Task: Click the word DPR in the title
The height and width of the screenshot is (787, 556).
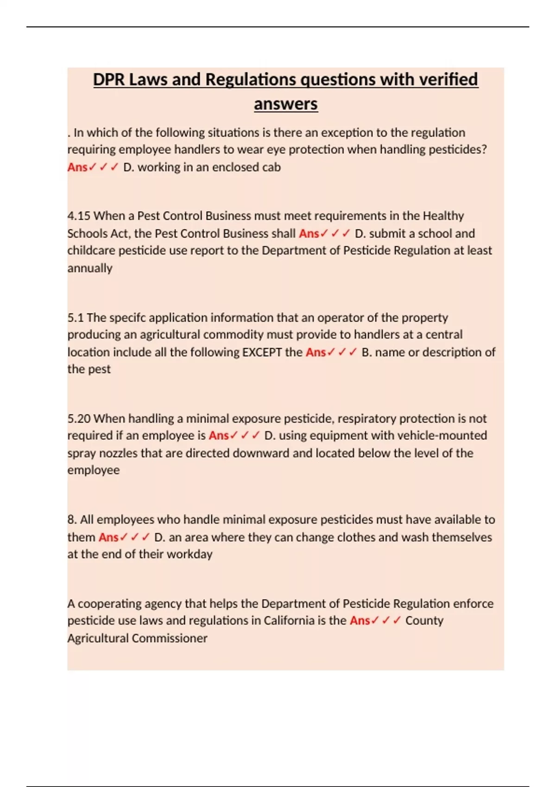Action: [109, 80]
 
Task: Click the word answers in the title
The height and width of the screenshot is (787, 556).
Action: [285, 104]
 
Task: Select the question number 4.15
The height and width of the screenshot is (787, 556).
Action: [79, 216]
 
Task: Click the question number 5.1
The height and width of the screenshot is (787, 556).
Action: [76, 318]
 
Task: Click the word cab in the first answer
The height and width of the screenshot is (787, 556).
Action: [271, 167]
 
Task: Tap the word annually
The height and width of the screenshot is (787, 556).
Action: [90, 269]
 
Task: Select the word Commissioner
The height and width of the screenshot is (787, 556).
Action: [169, 638]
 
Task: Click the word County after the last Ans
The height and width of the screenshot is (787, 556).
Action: [424, 621]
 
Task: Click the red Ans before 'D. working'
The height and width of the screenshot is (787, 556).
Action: [77, 167]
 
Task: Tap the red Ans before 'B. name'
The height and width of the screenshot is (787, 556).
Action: [316, 352]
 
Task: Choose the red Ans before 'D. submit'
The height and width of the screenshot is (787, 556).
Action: [309, 234]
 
